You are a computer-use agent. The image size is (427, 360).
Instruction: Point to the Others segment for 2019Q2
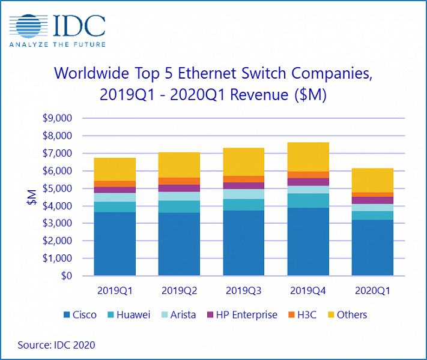[178, 165]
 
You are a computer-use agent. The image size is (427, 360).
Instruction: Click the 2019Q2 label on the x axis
[178, 290]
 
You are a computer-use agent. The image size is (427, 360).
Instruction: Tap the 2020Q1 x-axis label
[372, 290]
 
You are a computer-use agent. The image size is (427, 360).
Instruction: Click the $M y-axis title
[31, 197]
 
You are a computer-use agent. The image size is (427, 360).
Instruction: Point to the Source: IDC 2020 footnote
[56, 345]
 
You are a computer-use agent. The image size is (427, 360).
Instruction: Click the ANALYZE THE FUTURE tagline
[57, 44]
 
